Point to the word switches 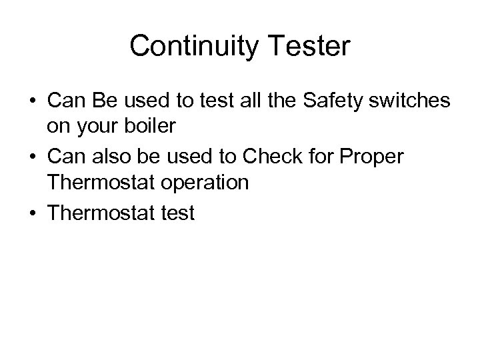[x=413, y=101]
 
